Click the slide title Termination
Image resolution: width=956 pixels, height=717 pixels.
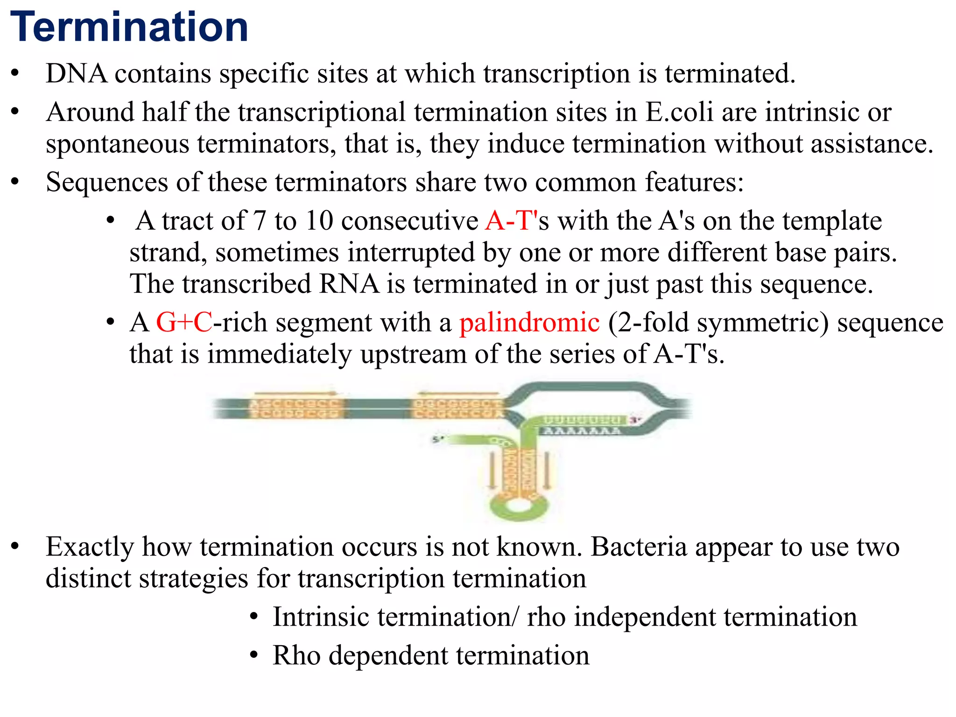(x=129, y=27)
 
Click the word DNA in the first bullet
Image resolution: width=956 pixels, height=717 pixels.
(x=76, y=74)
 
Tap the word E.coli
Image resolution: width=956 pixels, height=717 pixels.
(x=679, y=112)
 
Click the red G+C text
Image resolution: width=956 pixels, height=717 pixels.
(x=184, y=323)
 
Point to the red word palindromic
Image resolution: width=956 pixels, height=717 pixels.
(x=529, y=323)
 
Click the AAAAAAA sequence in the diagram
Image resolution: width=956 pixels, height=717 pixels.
(x=581, y=430)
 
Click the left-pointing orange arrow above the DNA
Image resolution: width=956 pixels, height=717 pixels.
(x=457, y=393)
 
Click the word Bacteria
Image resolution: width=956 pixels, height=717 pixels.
(x=639, y=547)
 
